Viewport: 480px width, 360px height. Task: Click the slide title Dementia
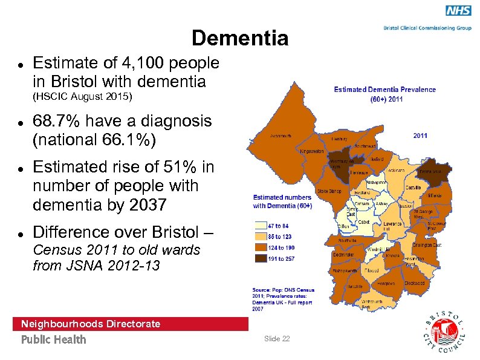pyautogui.click(x=240, y=39)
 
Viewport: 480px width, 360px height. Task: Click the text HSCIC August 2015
pyautogui.click(x=83, y=97)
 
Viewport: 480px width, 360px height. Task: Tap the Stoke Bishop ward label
pyautogui.click(x=331, y=191)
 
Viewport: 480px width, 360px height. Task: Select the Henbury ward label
pyautogui.click(x=339, y=139)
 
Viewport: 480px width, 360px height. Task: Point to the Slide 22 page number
pyautogui.click(x=277, y=338)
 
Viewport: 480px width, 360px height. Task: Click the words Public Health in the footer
pyautogui.click(x=54, y=339)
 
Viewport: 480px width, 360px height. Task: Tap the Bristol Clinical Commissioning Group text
pyautogui.click(x=427, y=28)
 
